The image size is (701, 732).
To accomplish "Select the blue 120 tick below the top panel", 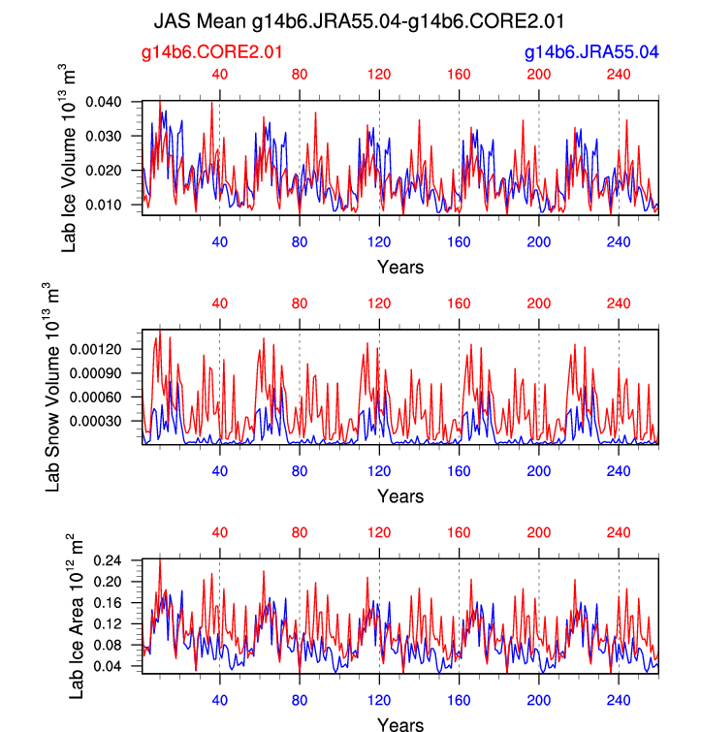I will coord(379,242).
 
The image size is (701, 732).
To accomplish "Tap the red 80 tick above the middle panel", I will coord(300,303).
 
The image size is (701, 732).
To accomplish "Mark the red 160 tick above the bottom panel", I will coord(459,532).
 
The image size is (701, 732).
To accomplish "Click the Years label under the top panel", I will coord(399,267).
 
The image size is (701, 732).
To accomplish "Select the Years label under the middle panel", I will coord(399,496).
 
